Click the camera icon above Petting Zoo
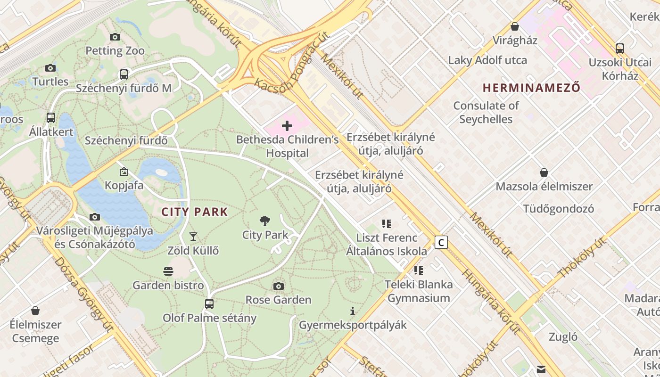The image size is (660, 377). pos(115,37)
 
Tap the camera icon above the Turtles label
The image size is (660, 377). pos(50,68)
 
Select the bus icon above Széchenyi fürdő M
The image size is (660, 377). pos(124,74)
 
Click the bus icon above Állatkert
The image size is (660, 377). pos(51,118)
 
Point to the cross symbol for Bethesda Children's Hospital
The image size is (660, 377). pos(287,126)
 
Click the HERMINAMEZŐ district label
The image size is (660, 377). pos(531,88)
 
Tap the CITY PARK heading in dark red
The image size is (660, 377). pos(195,212)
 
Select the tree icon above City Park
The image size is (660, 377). pos(265,221)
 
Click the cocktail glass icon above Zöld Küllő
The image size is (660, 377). pos(193,237)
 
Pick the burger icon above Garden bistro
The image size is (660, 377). pos(168,271)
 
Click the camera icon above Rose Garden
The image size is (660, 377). pos(279,286)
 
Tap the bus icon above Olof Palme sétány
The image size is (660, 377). pos(209,304)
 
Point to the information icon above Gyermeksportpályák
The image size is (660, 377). pos(353,311)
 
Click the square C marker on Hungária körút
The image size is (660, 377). pos(441,243)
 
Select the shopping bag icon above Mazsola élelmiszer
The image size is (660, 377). pos(544,172)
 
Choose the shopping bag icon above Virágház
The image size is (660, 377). pos(515,27)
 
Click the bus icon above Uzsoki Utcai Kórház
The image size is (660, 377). pos(620,48)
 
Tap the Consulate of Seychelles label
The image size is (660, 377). pos(486,112)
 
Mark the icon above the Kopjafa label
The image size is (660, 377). pos(124,172)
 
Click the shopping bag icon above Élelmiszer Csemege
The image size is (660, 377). pos(35,311)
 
